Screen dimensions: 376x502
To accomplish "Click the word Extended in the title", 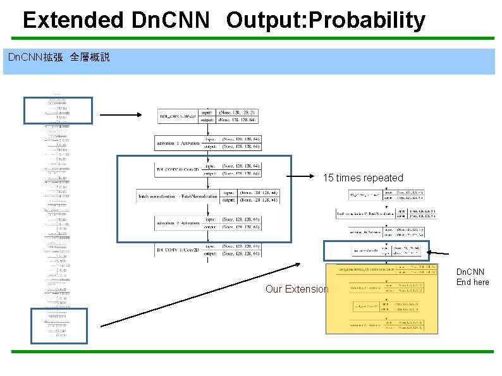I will [x=73, y=20].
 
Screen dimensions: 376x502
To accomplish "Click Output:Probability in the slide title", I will [x=326, y=20].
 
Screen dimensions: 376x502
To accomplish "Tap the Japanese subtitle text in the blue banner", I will [x=59, y=58].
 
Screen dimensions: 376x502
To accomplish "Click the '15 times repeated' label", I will [x=363, y=178].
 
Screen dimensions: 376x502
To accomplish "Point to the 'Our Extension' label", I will [x=297, y=289].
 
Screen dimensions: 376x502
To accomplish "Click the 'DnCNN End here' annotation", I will [x=472, y=277].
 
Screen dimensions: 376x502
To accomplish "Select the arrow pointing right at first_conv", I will [x=120, y=115].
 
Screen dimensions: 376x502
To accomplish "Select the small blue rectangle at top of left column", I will [x=58, y=110].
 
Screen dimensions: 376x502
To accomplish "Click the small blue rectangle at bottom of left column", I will [x=59, y=325].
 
